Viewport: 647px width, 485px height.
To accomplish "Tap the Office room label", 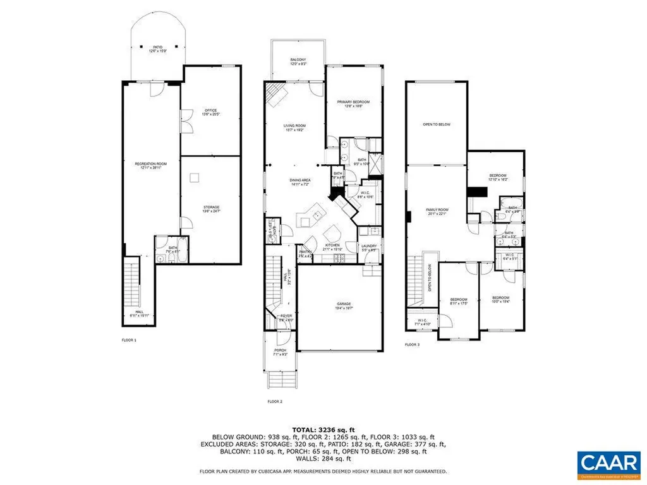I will tap(210, 112).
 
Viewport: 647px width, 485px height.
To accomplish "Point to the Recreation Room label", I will tap(150, 166).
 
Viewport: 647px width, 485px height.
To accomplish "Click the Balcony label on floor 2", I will tap(298, 61).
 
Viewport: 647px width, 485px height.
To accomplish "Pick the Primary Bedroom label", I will tap(353, 104).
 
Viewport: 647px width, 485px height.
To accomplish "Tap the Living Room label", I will tap(294, 128).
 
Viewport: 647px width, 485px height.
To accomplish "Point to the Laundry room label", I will tap(369, 248).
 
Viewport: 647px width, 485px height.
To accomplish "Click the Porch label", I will tap(280, 352).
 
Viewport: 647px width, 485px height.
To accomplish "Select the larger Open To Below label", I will tap(437, 124).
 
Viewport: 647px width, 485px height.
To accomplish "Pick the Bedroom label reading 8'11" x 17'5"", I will tap(458, 301).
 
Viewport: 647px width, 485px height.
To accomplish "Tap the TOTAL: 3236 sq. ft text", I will tap(323, 428).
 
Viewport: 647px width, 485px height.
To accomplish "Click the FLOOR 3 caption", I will tap(412, 345).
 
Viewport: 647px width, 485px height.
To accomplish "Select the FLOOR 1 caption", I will tap(129, 340).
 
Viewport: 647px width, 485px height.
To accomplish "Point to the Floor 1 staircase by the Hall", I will tap(131, 282).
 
